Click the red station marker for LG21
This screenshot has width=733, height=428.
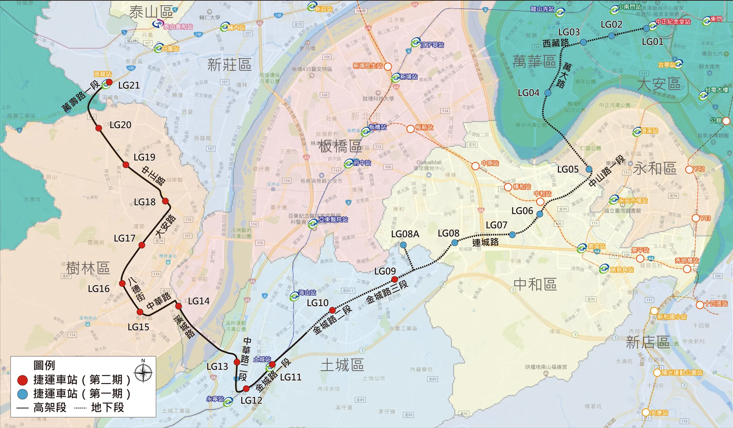pos(109,82)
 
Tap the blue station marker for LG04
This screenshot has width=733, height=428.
pos(548,93)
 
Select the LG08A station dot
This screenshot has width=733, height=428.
pos(403,245)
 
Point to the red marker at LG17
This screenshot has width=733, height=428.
pos(142,245)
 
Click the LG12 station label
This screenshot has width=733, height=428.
pos(251,400)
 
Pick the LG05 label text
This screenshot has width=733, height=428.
pos(568,169)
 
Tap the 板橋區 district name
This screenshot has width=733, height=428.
pos(340,146)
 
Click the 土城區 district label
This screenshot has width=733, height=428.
pos(342,365)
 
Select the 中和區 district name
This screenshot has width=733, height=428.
pos(535,284)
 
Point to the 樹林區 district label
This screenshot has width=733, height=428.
pos(88,268)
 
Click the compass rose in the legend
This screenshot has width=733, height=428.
pos(144,372)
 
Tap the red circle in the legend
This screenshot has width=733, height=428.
pos(23,380)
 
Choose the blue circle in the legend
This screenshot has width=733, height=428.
pos(23,394)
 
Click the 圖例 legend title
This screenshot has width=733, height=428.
pos(44,365)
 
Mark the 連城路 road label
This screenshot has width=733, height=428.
pos(485,242)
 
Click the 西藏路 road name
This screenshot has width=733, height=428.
pos(555,43)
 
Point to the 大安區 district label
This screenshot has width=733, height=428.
pos(659,84)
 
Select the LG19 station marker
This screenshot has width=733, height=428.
pos(126,165)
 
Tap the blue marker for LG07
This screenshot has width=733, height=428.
pos(512,235)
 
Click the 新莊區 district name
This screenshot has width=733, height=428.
pos(229,65)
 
